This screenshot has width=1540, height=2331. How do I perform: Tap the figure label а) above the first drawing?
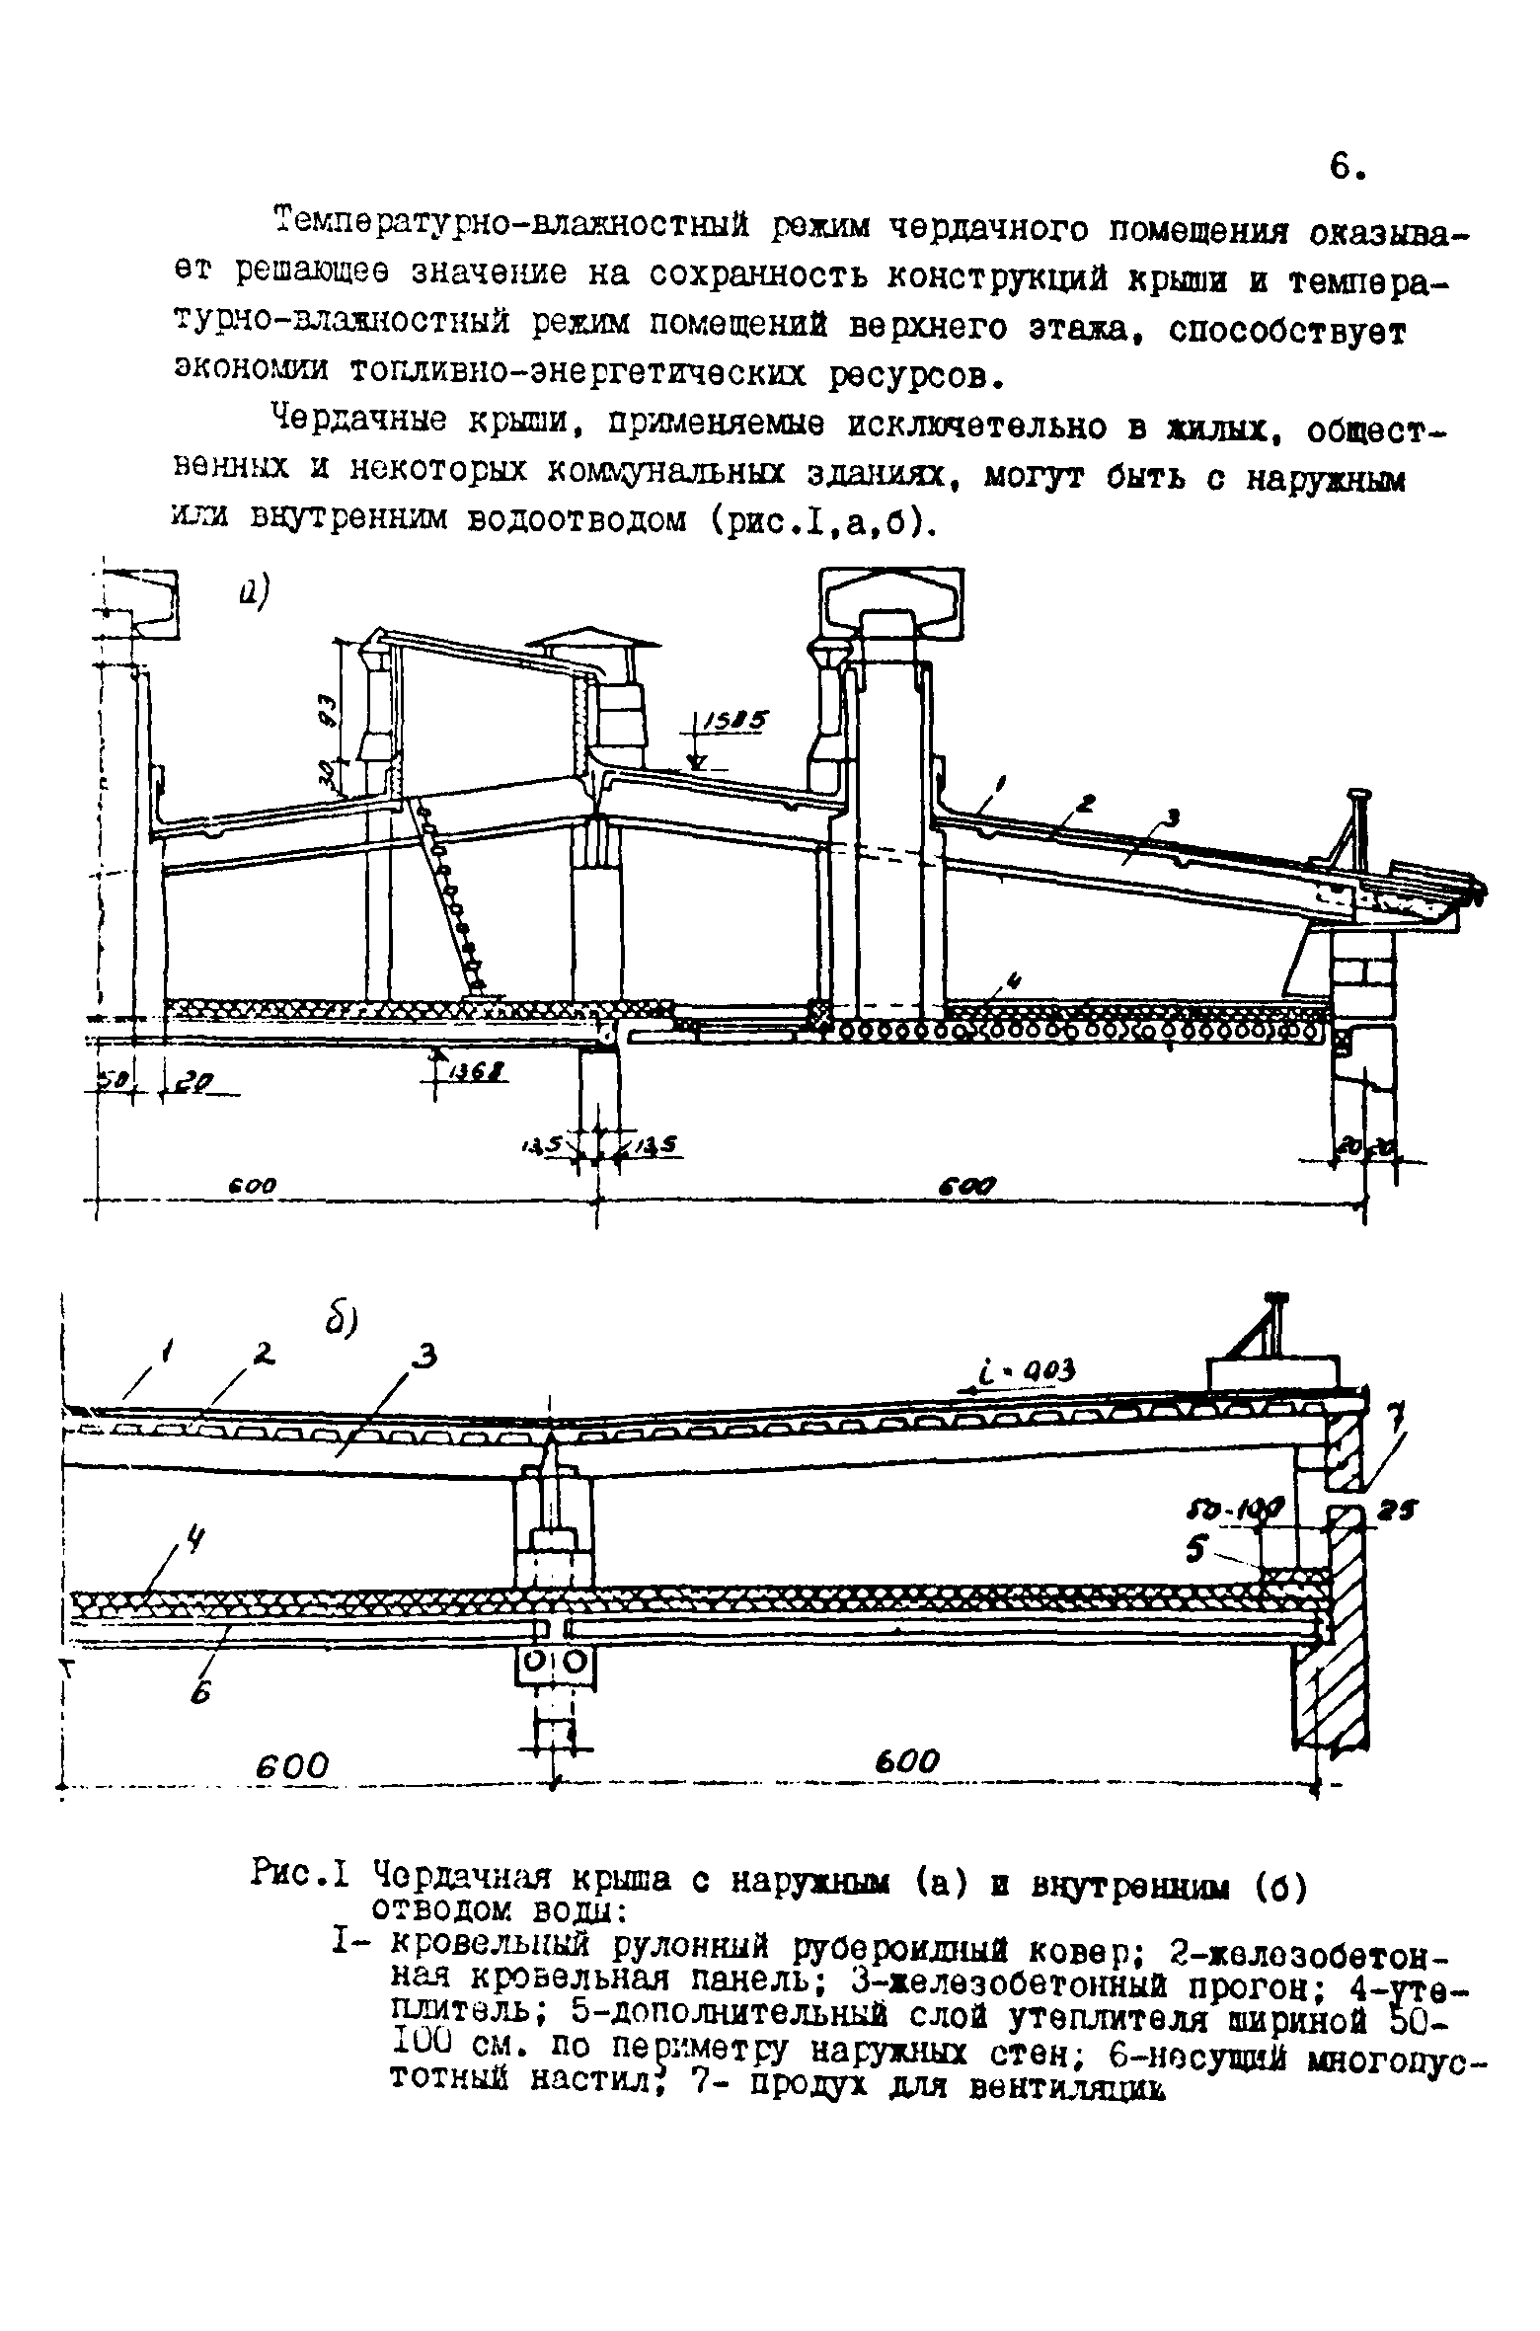(x=254, y=592)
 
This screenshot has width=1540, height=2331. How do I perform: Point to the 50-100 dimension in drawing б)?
(x=1233, y=1510)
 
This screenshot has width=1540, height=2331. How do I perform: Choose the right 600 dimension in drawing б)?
(x=907, y=1759)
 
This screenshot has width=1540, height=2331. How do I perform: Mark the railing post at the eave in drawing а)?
(x=1354, y=829)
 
